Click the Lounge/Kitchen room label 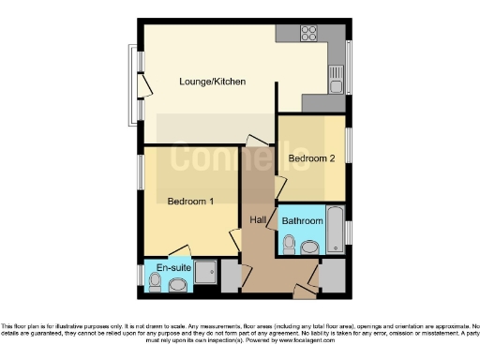(213, 82)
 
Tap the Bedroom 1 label (190, 202)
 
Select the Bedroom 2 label (311, 158)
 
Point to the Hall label (260, 220)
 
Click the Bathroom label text (303, 221)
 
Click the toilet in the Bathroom (289, 246)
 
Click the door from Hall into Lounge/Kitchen (256, 141)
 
